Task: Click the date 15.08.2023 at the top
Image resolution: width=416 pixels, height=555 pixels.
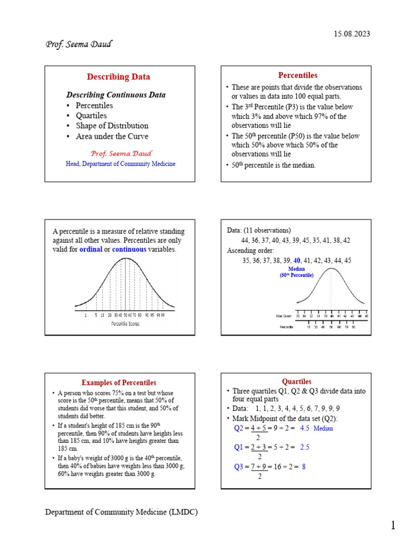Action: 352,34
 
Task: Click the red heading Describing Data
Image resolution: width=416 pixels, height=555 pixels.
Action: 119,77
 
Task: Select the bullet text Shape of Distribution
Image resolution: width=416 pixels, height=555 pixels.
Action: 112,126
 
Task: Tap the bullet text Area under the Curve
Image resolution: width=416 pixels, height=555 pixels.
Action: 112,136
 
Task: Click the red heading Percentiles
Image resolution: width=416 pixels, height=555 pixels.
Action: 297,75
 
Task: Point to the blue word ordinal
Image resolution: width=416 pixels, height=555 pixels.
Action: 91,249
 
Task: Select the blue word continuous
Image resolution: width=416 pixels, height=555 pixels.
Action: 129,249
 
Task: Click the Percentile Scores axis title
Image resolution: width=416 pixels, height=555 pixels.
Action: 125,324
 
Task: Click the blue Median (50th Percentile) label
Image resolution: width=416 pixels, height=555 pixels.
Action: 296,272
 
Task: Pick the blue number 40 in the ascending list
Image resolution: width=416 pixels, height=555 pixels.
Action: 297,261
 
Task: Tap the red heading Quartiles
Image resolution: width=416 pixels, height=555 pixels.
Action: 296,382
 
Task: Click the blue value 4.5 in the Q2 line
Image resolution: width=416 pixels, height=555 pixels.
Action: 304,428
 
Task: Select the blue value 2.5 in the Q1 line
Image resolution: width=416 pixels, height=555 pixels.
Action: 304,448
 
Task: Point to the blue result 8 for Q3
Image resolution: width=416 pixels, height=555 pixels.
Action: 304,467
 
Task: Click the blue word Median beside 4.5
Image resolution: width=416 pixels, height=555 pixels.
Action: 323,428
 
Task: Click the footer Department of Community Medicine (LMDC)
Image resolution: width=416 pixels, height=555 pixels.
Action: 121,512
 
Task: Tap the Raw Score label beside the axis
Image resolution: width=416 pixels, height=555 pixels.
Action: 284,315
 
